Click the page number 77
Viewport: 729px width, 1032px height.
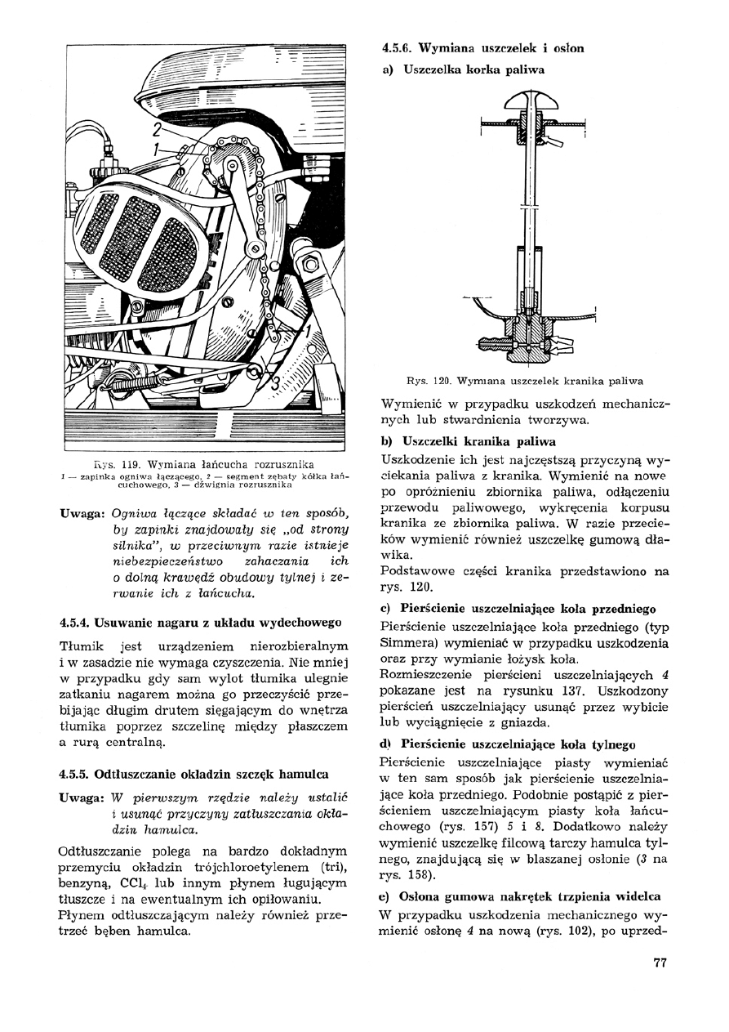pos(660,962)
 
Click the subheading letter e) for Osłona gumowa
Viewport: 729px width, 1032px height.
pos(388,896)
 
